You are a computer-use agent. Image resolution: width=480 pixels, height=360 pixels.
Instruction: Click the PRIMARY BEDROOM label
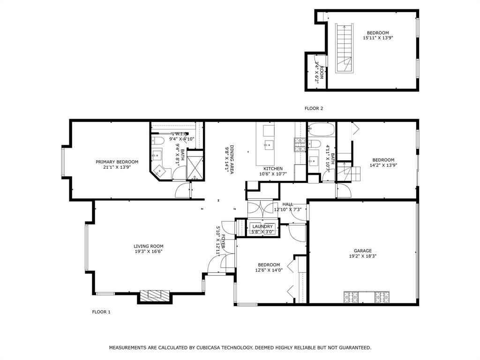117,162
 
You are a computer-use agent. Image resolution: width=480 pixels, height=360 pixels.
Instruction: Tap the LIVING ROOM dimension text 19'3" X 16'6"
148,251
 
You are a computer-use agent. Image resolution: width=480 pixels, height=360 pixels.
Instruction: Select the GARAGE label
362,251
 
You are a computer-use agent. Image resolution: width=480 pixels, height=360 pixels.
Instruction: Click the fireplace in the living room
154,295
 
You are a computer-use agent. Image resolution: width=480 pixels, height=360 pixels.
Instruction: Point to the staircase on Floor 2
343,48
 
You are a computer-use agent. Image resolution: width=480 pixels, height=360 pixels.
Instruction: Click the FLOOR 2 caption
314,108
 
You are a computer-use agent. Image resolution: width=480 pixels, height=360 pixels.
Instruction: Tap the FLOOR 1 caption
101,312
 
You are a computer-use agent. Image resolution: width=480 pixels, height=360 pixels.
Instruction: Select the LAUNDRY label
262,226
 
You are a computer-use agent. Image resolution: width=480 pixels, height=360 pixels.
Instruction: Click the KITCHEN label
273,169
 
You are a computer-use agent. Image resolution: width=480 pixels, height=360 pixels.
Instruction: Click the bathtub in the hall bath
322,129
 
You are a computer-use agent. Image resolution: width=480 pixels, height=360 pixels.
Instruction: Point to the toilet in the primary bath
158,140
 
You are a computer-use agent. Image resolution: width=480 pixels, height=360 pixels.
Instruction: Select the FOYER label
224,241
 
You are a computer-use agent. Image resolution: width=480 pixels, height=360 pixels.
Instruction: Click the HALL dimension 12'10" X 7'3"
287,210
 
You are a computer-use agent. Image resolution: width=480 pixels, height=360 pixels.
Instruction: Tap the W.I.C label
181,134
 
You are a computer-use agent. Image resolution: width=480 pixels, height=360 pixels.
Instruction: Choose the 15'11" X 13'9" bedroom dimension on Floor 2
378,38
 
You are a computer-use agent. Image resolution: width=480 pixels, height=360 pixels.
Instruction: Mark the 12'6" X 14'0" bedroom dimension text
269,270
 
